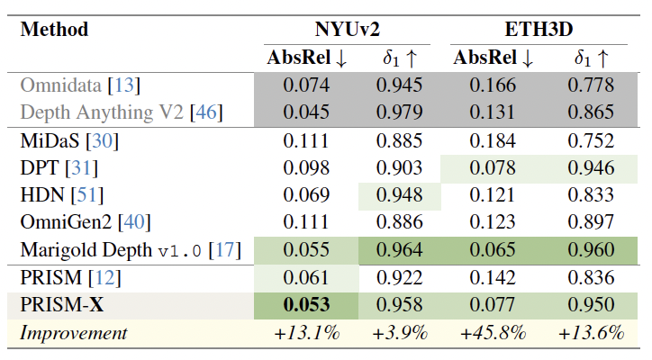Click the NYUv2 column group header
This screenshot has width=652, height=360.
tap(347, 29)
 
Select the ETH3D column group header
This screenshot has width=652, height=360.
tap(534, 29)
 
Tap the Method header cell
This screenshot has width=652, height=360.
tap(55, 29)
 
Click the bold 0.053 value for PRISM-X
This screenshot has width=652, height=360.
tap(307, 305)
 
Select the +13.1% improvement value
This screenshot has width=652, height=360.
tap(306, 333)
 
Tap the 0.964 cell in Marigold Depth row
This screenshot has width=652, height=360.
tap(399, 250)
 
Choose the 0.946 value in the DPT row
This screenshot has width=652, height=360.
tap(591, 168)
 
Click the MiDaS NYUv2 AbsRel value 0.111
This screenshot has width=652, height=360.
tap(307, 140)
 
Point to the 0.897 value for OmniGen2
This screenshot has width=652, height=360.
tap(591, 223)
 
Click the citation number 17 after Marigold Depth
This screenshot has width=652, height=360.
tap(225, 250)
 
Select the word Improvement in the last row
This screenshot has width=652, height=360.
tap(75, 333)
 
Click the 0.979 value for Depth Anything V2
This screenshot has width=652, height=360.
tap(399, 112)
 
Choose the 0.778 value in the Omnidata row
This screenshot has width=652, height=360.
tap(591, 85)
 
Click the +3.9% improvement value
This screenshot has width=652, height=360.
tap(399, 333)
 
